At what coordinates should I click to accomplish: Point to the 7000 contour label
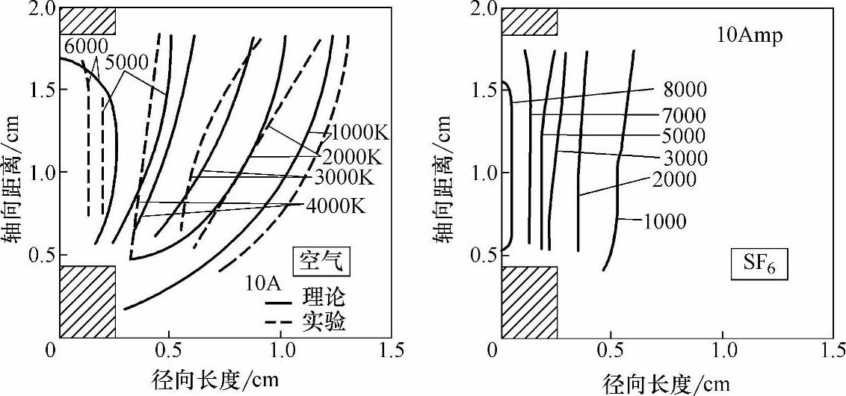click(x=684, y=115)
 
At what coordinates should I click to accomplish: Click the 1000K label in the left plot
click(x=360, y=134)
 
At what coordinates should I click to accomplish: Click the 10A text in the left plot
click(x=261, y=284)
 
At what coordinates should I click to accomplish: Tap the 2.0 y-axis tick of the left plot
click(x=36, y=9)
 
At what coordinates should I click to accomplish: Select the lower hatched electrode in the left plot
click(x=87, y=300)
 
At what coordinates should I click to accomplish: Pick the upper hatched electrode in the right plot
click(x=529, y=22)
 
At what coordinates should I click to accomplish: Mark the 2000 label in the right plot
click(x=674, y=179)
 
